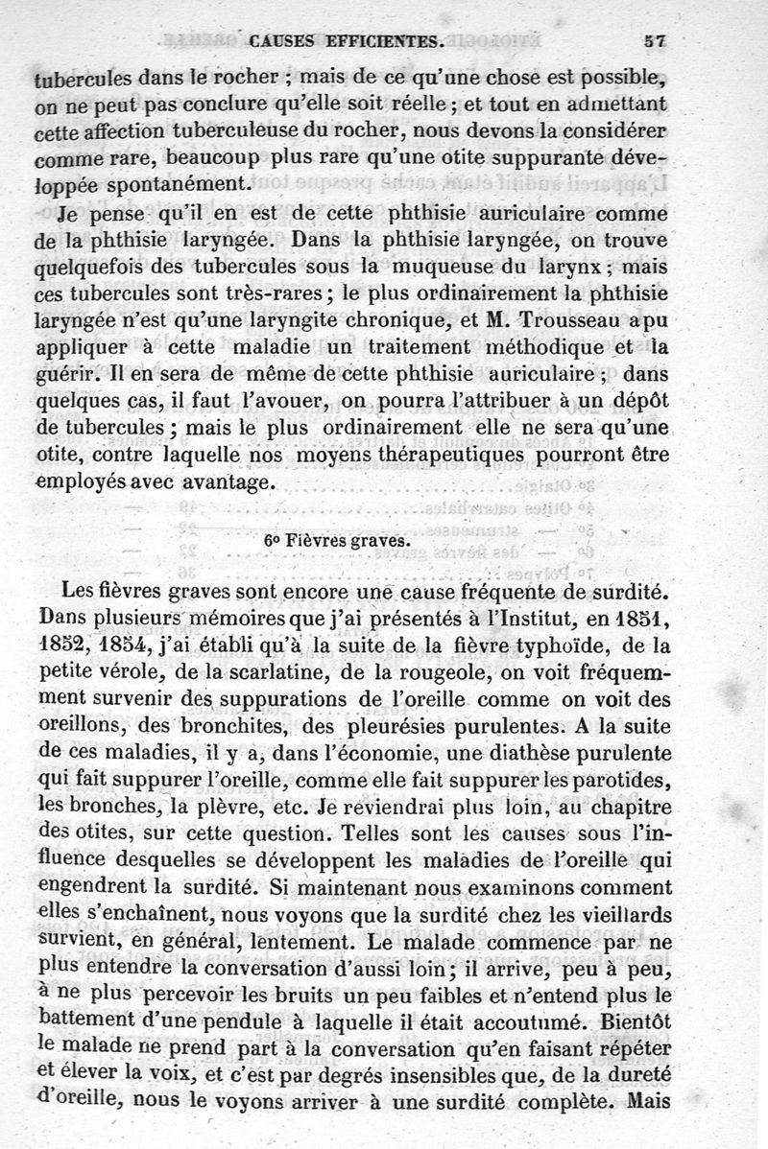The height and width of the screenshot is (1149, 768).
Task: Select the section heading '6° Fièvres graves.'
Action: click(x=337, y=539)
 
